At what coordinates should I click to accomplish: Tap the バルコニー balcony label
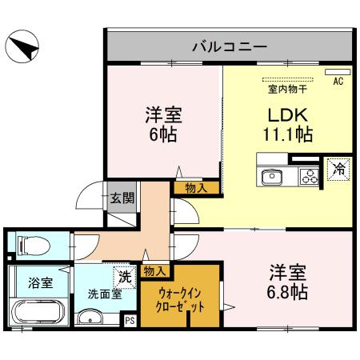[229, 46]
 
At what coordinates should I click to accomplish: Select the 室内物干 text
[284, 89]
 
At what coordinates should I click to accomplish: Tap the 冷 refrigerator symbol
[338, 169]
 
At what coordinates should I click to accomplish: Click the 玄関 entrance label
[122, 198]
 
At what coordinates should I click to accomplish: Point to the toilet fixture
[26, 242]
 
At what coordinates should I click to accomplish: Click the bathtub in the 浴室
[38, 314]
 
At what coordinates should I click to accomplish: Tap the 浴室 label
[40, 282]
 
